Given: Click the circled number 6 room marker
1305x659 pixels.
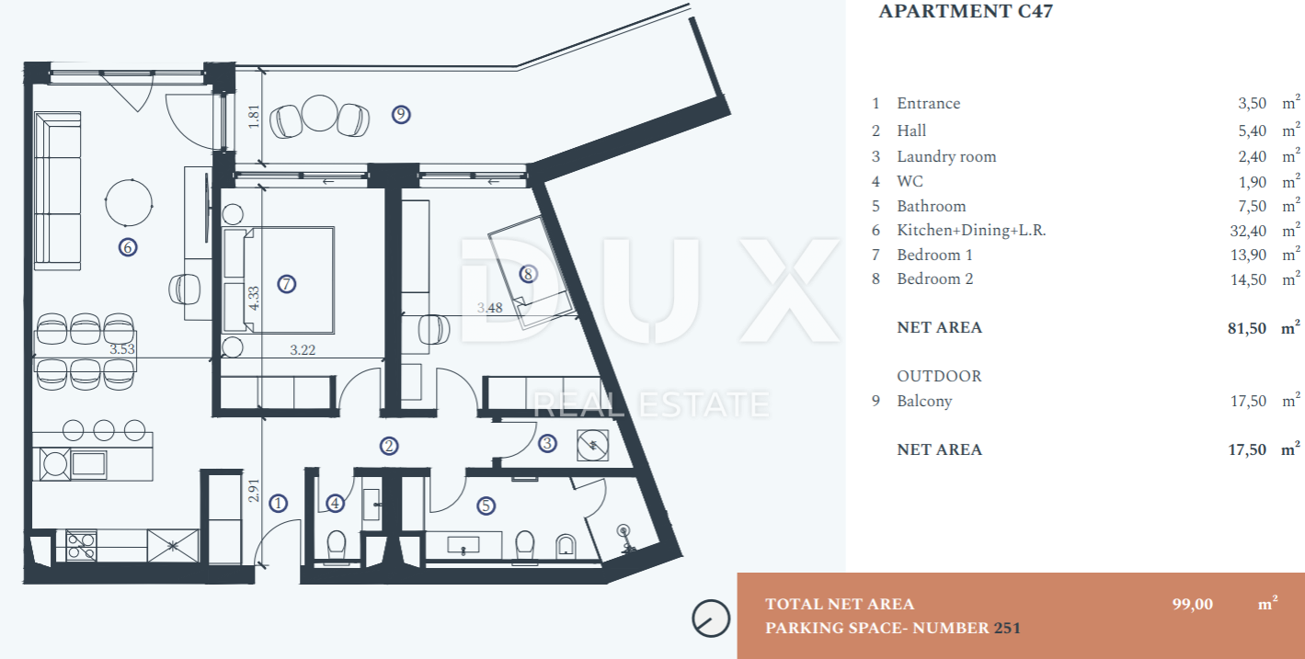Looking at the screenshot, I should click(128, 246).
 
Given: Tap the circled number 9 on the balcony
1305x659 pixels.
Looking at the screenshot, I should click(400, 114).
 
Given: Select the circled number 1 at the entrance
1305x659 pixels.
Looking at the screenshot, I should click(279, 503).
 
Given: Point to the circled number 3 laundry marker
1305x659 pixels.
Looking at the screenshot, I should click(547, 444).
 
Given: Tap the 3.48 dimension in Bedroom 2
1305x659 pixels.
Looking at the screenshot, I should click(489, 308).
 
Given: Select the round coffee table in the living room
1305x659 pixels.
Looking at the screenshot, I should click(129, 201).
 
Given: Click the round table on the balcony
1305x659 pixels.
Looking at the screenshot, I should click(321, 115).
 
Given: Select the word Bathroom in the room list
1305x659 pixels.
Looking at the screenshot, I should click(931, 206).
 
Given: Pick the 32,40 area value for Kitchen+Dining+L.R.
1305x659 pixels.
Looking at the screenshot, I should click(1247, 231).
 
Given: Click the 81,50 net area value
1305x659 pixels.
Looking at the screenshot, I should click(1247, 327).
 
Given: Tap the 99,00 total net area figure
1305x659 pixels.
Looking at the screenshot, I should click(1192, 604).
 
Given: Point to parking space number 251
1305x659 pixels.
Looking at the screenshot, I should click(1007, 629).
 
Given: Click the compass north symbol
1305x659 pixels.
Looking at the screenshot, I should click(709, 618).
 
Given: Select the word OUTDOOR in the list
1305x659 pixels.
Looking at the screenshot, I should click(939, 376).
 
